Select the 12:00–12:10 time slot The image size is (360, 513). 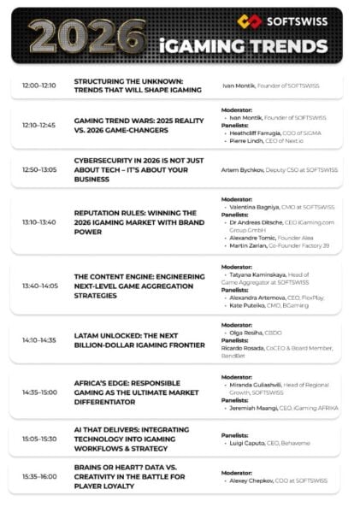38,86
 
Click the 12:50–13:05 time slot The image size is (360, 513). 38,170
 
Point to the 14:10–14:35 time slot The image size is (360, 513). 38,339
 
